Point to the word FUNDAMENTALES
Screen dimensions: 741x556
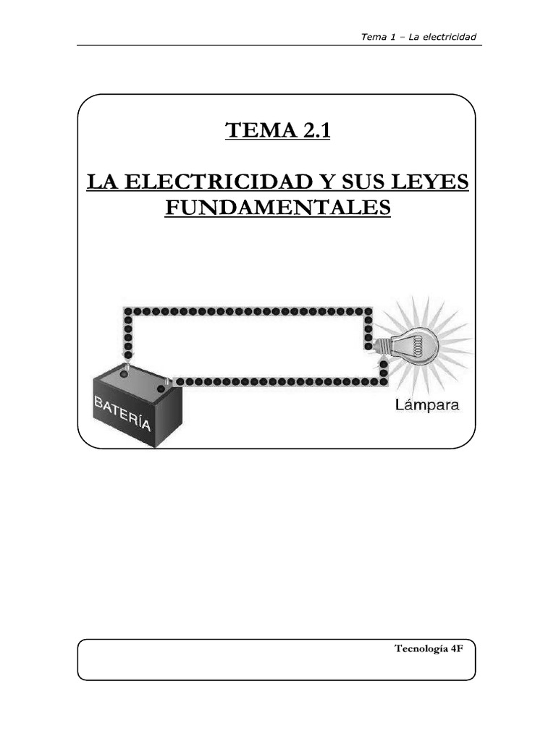coord(277,208)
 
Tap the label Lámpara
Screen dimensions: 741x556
coord(427,405)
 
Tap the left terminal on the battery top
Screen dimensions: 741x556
coord(127,368)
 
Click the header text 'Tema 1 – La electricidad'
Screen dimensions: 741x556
coord(418,37)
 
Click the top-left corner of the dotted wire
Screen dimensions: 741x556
coord(128,311)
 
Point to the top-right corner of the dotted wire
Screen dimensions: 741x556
coord(368,311)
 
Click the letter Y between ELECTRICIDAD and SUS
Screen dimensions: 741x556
coord(319,182)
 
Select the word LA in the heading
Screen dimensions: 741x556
coord(99,182)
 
